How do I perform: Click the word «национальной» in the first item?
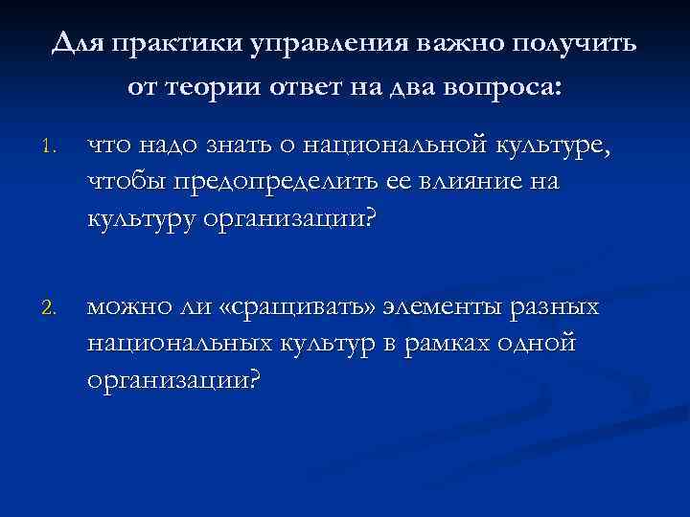397,146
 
